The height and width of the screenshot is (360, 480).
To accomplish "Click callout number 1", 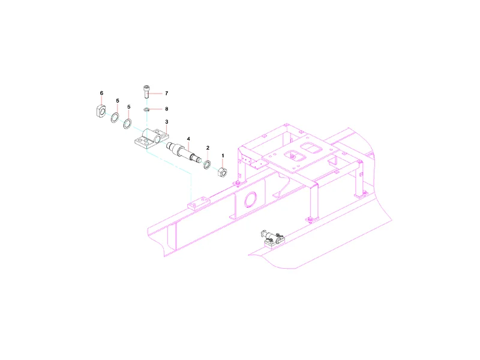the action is pos(223,156).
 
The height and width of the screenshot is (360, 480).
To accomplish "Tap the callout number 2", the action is pos(208,148).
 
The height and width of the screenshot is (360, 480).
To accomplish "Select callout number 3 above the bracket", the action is pos(167,122).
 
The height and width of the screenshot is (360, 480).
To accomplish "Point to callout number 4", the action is pos(188,139).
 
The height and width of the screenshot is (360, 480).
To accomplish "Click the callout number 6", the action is pos(101,93).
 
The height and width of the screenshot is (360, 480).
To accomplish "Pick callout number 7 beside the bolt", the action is pos(167,93).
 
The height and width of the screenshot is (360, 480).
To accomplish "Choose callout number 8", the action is pos(167,109).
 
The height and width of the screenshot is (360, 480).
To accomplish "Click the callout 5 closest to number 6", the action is pos(118,101).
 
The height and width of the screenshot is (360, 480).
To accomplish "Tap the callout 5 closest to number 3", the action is pos(129,107).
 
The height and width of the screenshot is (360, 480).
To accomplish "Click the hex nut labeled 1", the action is pos(223,172).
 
